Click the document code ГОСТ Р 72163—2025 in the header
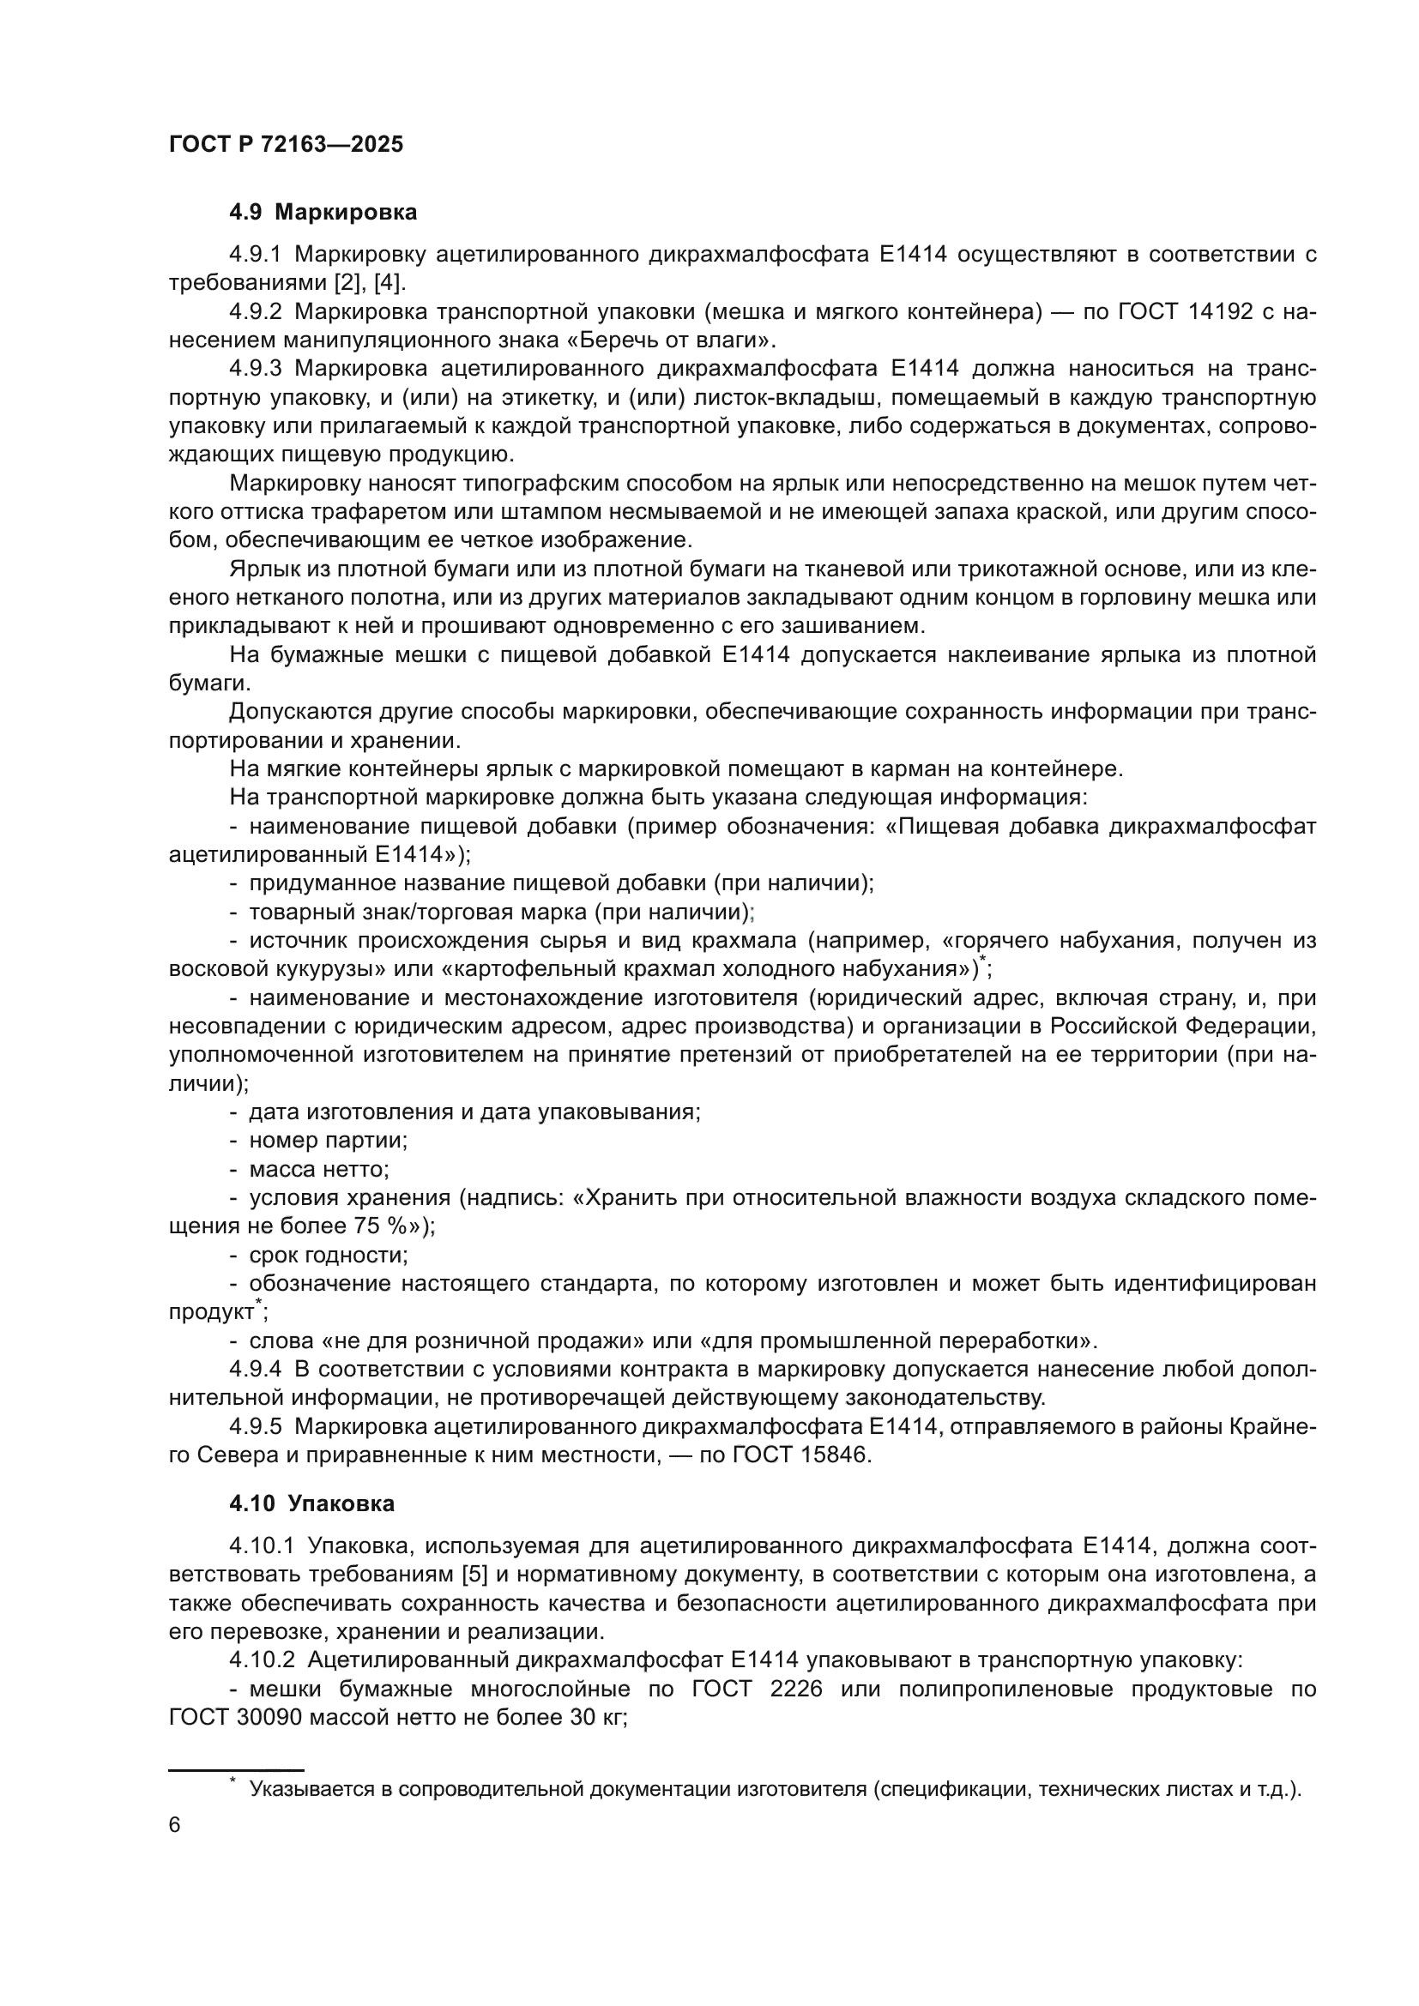pos(286,145)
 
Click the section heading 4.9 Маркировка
pos(323,213)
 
